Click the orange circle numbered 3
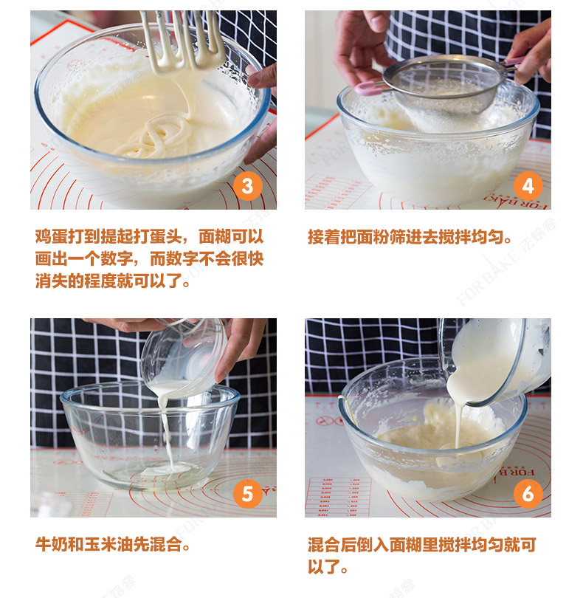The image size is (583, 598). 248,187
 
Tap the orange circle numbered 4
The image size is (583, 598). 528,187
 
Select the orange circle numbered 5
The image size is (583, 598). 248,494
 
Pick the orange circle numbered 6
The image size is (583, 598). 528,494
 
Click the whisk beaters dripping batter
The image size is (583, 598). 182,42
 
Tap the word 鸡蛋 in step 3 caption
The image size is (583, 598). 52,237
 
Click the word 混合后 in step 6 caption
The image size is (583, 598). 332,544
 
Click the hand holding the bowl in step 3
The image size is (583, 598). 261,111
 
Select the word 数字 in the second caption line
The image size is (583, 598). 117,259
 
